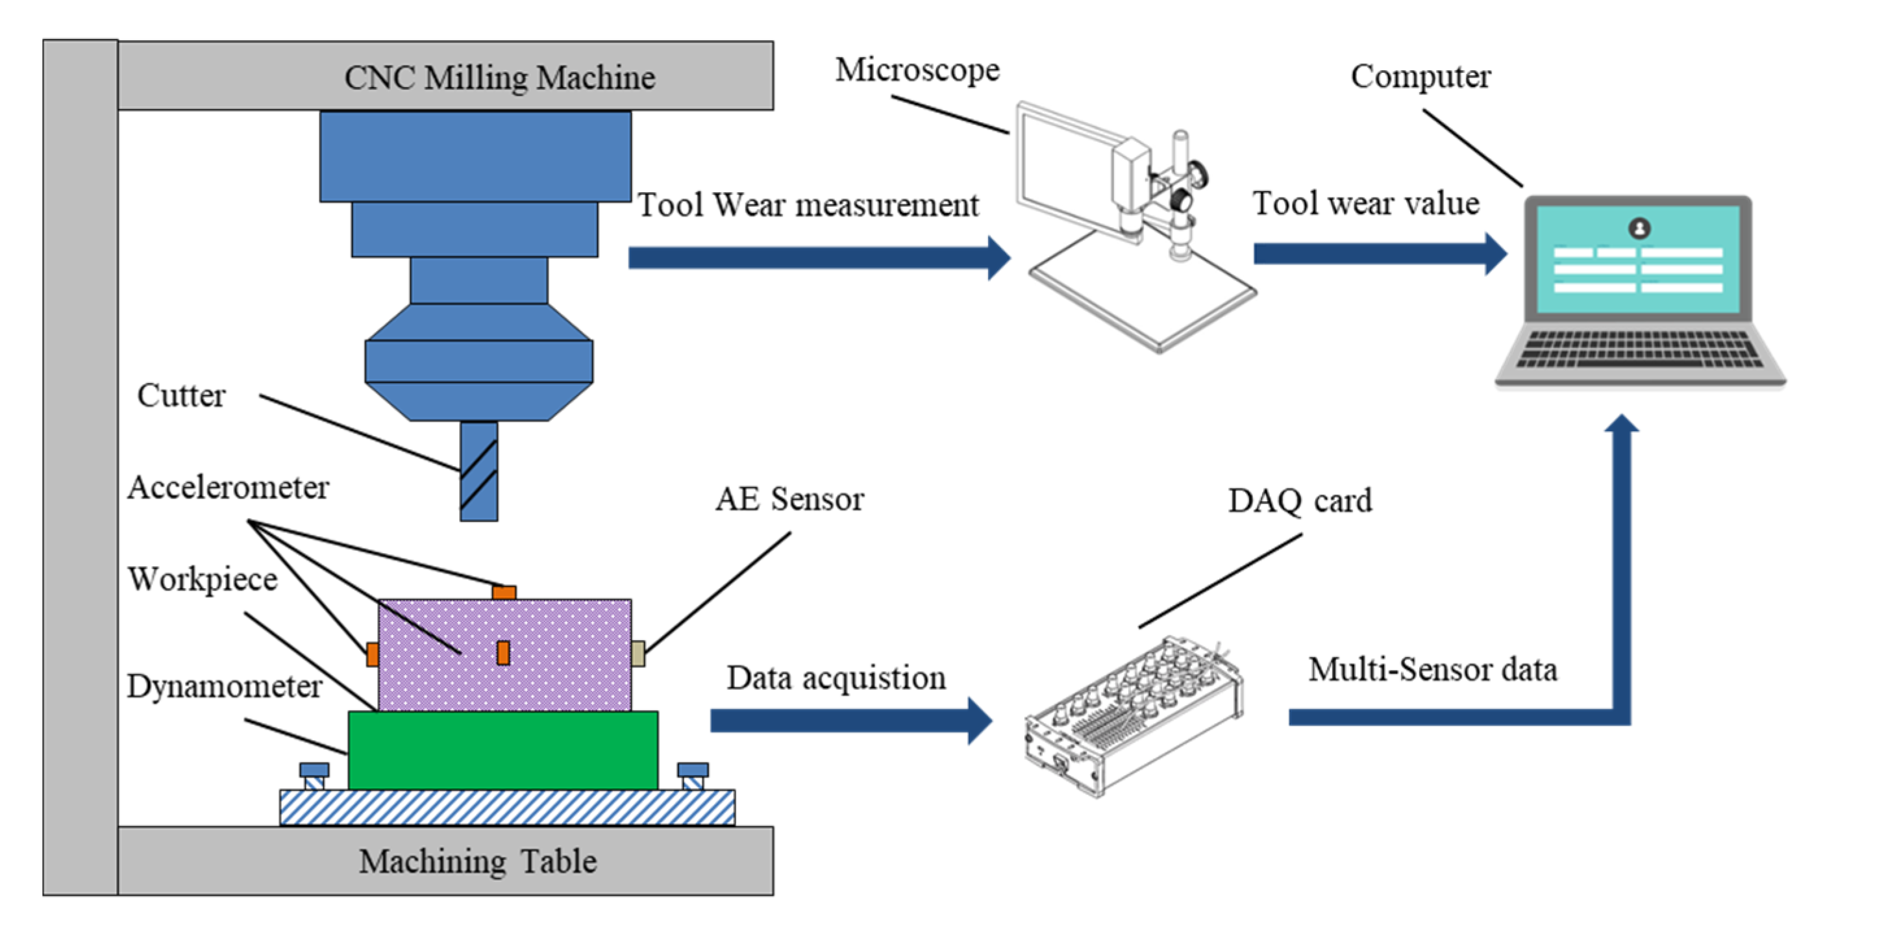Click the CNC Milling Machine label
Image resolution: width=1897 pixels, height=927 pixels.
tap(499, 77)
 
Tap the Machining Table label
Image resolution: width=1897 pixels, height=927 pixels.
tap(477, 861)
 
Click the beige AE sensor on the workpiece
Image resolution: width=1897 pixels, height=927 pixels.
tap(638, 653)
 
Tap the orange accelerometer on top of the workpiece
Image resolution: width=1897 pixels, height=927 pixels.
tap(504, 593)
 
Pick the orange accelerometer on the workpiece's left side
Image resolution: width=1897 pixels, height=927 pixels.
tap(373, 654)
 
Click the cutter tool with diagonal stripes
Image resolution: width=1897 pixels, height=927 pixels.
tap(478, 471)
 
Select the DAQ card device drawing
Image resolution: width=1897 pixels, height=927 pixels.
tap(1134, 718)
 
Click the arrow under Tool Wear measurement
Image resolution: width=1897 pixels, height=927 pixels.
tap(817, 258)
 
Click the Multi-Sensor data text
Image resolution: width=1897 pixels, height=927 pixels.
tap(1432, 669)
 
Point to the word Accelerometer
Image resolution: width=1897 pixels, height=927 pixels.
tap(228, 488)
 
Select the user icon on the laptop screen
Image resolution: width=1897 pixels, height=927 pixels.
tap(1639, 229)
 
